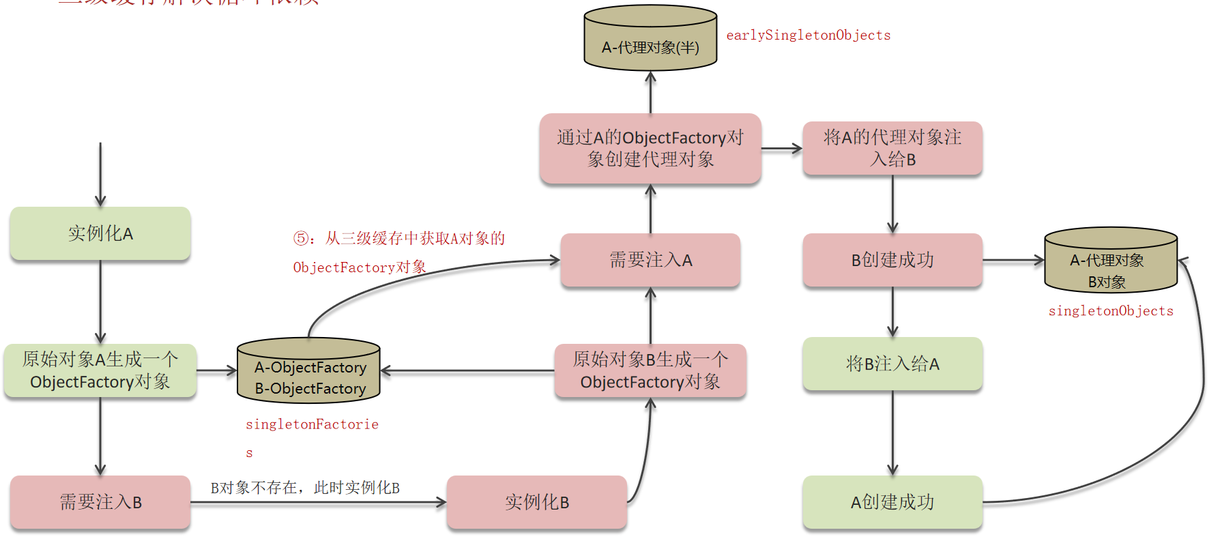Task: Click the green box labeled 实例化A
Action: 100,233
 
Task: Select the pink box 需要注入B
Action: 100,502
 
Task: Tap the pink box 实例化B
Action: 537,502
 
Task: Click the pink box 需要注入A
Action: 650,260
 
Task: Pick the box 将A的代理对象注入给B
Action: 892,148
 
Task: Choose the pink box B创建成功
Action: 892,260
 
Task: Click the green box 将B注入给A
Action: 892,364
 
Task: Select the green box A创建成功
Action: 892,502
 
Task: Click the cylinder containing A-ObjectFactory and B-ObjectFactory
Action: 308,371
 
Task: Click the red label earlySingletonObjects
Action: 809,35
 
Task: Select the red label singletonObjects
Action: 1111,311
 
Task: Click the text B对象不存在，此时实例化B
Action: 305,488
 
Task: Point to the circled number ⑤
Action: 301,238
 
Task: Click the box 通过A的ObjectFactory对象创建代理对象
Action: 650,148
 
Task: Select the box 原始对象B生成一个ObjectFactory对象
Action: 650,370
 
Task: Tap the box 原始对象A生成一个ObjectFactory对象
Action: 100,370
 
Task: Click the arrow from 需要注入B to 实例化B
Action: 318,503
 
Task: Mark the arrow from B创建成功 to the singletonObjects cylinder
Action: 1013,260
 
